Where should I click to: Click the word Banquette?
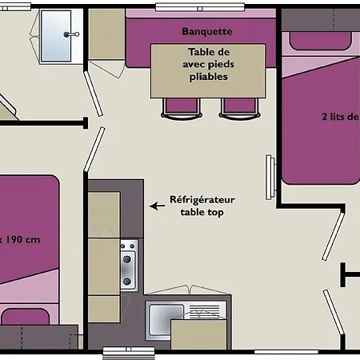pos(207,31)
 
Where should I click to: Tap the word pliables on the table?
pos(209,77)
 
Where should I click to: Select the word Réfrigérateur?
pos(202,199)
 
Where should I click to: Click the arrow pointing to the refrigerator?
pos(158,206)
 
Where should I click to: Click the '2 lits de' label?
pos(340,117)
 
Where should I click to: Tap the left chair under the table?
pos(182,108)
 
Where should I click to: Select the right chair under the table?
pos(239,108)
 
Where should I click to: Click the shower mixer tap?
pos(71,34)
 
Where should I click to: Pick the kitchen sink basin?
pos(166,319)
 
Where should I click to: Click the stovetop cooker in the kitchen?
pos(129,265)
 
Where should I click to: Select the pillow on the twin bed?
pos(320,41)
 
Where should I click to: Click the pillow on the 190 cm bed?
pos(26,317)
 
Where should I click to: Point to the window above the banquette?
pos(200,7)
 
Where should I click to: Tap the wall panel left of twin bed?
pos(270,178)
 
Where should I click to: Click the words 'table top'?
pos(202,213)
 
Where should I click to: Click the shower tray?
pos(56,36)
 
